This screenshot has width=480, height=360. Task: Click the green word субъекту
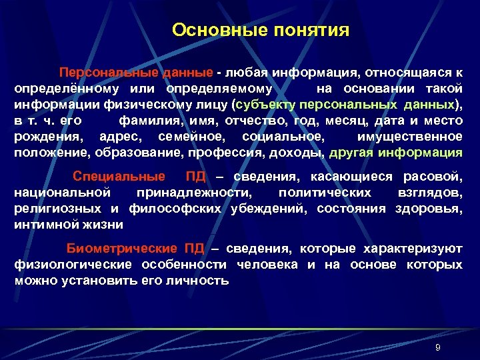265,105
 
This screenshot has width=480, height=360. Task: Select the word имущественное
409,137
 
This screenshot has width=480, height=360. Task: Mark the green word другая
351,153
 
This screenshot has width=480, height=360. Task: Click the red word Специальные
118,177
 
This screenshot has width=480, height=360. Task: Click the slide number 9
437,348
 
